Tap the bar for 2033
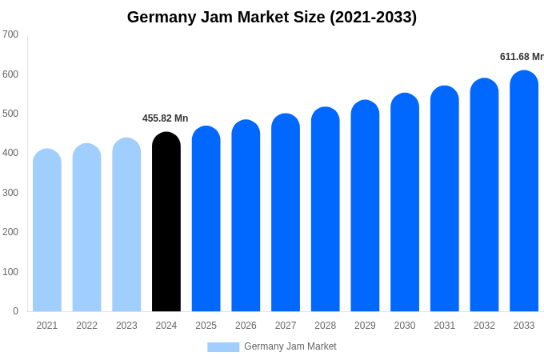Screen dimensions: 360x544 tap(524, 191)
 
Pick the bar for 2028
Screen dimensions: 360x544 tap(325, 210)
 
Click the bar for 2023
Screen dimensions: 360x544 tap(126, 225)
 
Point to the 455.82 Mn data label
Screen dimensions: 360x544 tap(165, 118)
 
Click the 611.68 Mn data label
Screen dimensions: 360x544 tap(521, 57)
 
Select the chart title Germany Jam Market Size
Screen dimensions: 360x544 tap(272, 17)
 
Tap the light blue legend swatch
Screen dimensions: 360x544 tap(223, 347)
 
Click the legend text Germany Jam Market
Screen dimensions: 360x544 tap(290, 346)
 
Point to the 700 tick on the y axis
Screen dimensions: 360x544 tap(10, 34)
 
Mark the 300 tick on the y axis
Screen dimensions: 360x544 tap(10, 193)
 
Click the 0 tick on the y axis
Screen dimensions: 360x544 tap(15, 311)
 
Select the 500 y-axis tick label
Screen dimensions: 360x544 tap(10, 114)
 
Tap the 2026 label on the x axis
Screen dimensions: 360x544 tap(246, 326)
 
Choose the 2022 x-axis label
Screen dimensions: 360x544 tap(86, 326)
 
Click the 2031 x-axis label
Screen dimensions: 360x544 tap(444, 326)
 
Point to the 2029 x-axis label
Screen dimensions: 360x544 tap(365, 326)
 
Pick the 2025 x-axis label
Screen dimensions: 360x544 tap(206, 326)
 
